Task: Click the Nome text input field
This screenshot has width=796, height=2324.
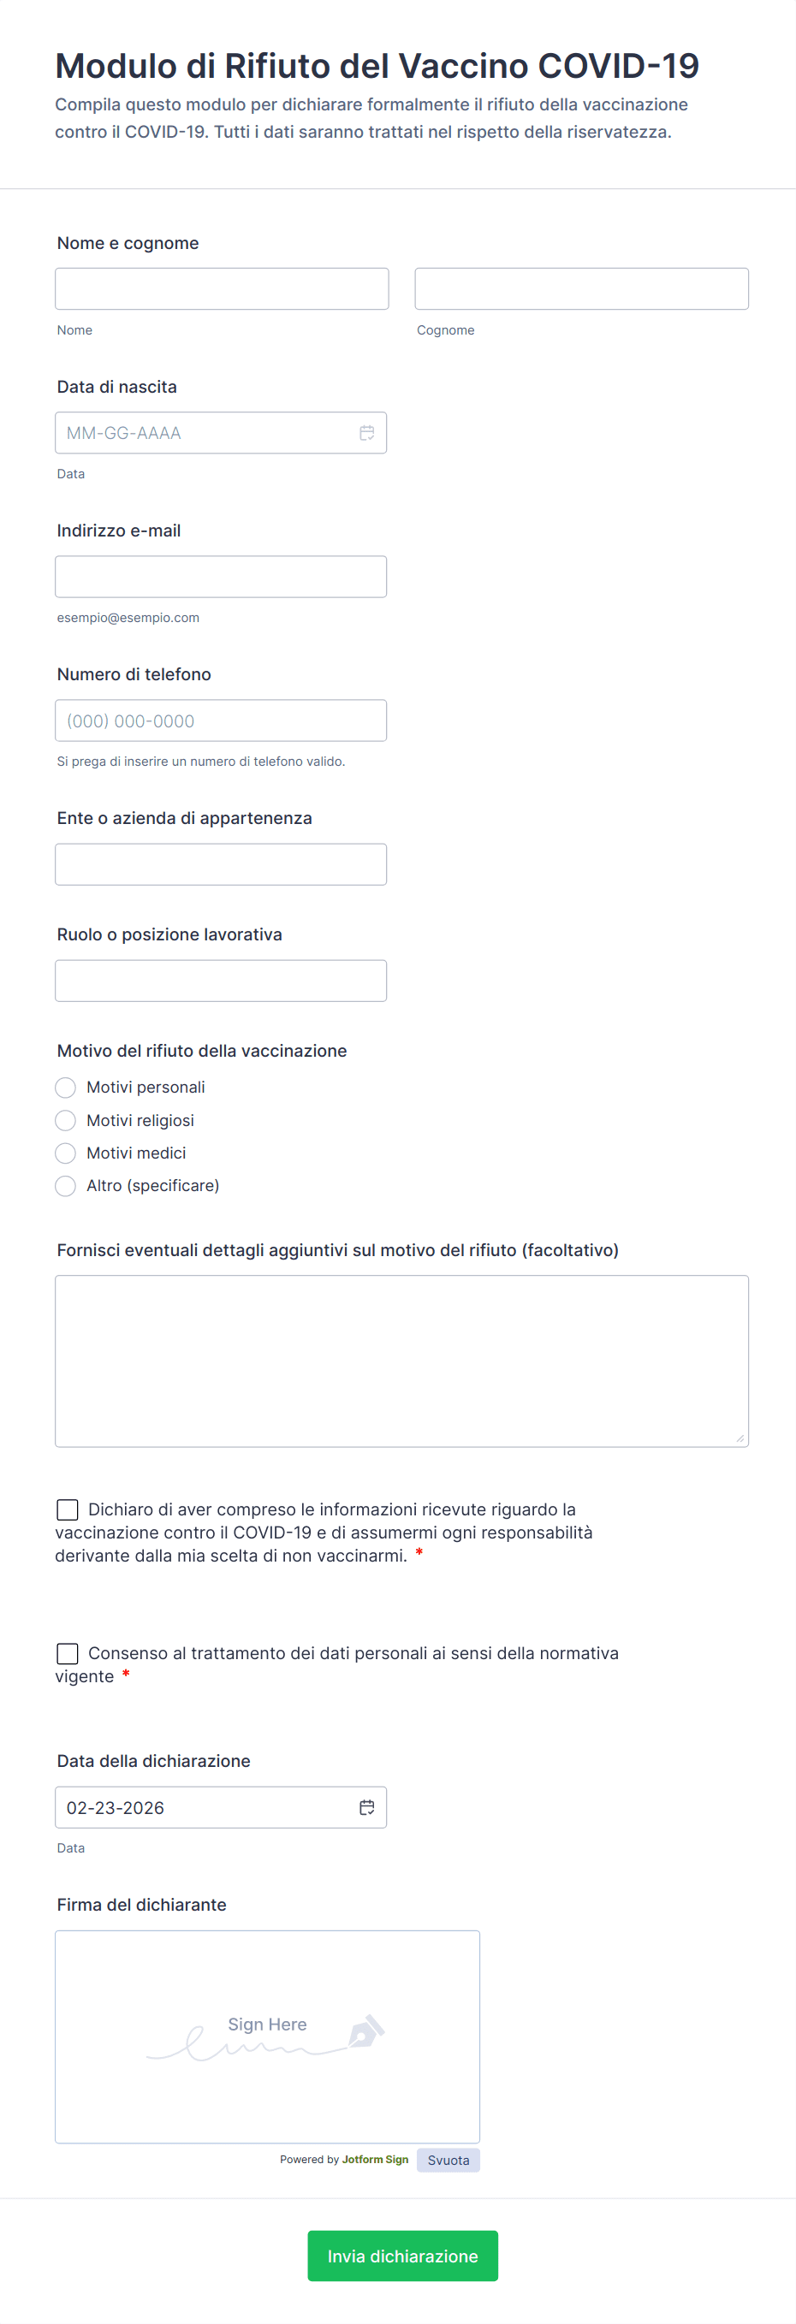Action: pos(221,288)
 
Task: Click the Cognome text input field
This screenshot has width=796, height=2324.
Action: pos(581,288)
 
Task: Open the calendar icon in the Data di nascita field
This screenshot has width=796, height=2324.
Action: pos(366,433)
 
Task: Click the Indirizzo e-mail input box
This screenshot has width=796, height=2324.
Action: pos(220,577)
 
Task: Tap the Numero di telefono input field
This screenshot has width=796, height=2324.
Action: pos(220,720)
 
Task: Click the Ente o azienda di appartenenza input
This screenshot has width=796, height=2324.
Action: pos(220,864)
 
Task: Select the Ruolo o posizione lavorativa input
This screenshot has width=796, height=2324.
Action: pos(220,981)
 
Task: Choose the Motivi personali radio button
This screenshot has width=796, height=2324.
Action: pos(66,1087)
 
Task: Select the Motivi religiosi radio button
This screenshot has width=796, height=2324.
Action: pos(66,1121)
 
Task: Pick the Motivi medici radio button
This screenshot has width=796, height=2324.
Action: pos(66,1153)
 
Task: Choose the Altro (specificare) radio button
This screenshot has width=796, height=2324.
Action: pos(66,1185)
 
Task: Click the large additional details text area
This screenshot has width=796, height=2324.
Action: pos(401,1361)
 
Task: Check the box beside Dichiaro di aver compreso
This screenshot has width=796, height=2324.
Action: pos(68,1509)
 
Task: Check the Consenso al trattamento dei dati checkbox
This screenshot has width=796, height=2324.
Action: pos(68,1653)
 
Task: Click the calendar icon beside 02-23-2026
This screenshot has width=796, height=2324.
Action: pos(366,1807)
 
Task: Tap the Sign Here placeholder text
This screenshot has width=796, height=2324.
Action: pos(267,2025)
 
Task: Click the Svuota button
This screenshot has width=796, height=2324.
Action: pos(448,2160)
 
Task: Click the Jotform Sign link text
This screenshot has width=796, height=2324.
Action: pos(375,2159)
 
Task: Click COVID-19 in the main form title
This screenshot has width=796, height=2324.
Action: pos(618,66)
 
